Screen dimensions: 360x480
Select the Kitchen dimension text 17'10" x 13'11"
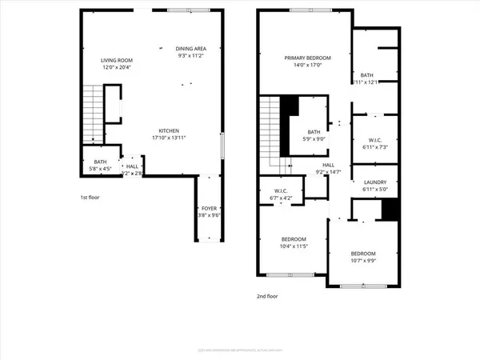[168, 138]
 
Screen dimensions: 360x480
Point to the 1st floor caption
[88, 197]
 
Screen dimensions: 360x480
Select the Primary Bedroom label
[308, 58]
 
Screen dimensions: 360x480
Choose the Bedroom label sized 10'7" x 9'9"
[362, 254]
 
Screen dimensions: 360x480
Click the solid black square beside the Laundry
[390, 208]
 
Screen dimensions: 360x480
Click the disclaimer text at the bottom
[240, 349]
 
